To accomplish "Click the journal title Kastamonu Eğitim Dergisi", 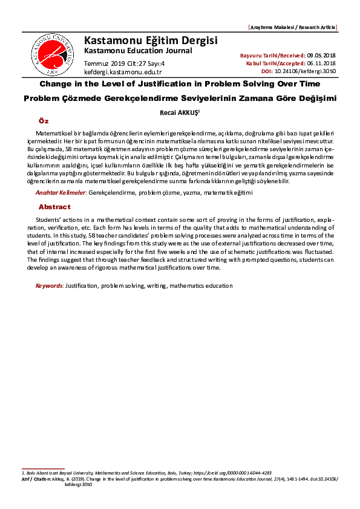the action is click(x=151, y=41).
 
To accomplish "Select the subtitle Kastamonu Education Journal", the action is click(x=137, y=50).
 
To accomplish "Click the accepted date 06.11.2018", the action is click(x=321, y=63).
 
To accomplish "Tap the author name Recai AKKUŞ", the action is click(x=179, y=112).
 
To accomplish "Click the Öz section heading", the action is click(x=44, y=122).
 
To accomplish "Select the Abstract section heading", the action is click(x=54, y=207).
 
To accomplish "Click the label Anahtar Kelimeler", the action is click(x=60, y=192).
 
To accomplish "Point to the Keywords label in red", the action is click(x=49, y=285).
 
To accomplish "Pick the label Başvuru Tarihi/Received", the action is click(x=272, y=55).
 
